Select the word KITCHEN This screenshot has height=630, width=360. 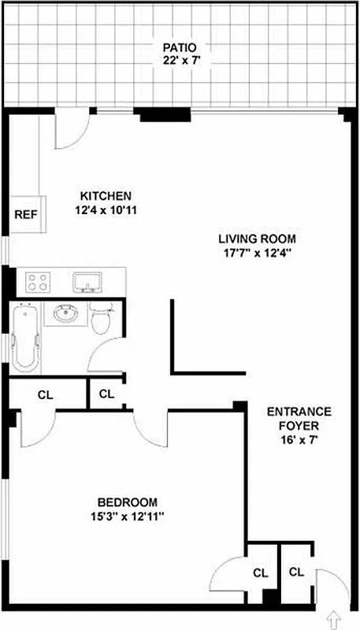106,196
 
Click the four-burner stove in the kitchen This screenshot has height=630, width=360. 37,281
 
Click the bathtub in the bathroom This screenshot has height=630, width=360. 25,339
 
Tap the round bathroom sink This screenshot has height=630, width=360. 65,316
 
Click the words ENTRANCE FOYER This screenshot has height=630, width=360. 299,419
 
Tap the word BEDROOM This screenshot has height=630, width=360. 127,502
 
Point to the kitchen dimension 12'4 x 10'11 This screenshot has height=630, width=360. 106,210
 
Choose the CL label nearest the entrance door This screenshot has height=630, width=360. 295,573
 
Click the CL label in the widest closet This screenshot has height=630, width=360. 45,395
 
